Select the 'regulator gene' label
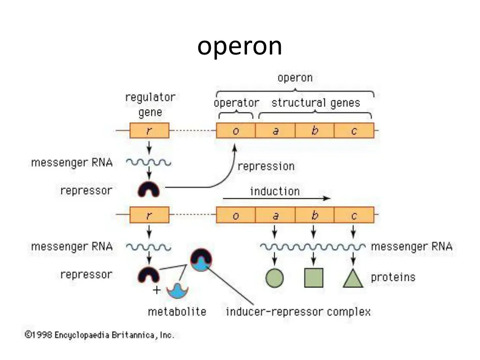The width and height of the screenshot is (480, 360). click(150, 105)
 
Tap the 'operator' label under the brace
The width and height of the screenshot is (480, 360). click(236, 103)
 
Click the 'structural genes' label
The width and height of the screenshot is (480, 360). click(315, 103)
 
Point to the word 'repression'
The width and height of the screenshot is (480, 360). click(266, 166)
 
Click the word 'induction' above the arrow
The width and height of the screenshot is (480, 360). click(275, 191)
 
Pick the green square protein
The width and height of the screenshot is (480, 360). click(314, 277)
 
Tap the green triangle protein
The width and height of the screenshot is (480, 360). click(353, 278)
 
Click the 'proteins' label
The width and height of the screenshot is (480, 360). click(393, 277)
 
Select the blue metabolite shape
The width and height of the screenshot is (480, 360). click(177, 291)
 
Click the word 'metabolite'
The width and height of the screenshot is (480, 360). click(177, 312)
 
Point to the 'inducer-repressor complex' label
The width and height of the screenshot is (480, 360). click(298, 312)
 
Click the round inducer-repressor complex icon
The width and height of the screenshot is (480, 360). click(201, 259)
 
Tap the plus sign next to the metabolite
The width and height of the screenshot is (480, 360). click(157, 290)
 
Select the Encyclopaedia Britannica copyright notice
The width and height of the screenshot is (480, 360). click(99, 335)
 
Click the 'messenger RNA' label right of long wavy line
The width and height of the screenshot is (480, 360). click(412, 247)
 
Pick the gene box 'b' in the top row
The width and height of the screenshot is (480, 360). click(315, 131)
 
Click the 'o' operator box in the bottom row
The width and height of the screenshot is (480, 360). click(236, 215)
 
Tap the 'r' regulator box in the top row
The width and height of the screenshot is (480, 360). click(149, 131)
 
